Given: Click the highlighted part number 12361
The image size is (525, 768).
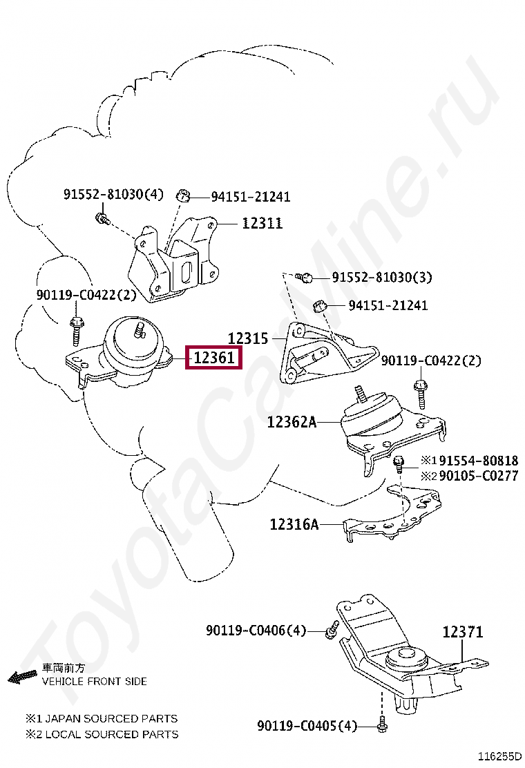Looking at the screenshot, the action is click(214, 358).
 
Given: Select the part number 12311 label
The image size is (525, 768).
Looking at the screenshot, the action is click(262, 223).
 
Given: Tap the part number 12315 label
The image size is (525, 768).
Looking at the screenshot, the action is click(248, 338).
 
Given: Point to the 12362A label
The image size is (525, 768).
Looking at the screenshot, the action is click(292, 422).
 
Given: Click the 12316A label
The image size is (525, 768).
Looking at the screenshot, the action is click(294, 525).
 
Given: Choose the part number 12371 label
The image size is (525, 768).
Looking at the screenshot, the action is click(463, 631).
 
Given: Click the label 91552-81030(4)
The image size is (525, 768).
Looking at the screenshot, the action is click(114, 194).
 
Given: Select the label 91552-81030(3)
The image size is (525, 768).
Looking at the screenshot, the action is click(382, 278).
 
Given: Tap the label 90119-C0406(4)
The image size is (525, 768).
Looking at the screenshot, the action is click(256, 631).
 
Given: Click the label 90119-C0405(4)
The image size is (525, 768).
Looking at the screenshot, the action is click(307, 726).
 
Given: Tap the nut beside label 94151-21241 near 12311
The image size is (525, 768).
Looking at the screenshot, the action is click(183, 195).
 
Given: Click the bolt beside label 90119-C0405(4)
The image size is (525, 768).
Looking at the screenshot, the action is click(382, 726).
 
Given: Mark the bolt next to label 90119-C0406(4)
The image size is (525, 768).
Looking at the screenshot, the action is click(332, 629).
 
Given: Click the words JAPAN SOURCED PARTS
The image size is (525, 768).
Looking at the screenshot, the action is click(110, 718).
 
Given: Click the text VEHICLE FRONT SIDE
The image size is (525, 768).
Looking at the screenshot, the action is click(95, 681).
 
